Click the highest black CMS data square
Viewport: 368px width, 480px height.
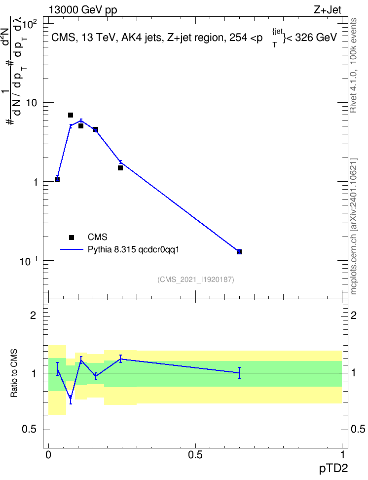71,115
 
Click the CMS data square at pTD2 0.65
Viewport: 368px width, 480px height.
239,252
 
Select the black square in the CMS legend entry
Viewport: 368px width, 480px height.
72,237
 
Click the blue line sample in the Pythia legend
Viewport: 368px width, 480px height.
72,249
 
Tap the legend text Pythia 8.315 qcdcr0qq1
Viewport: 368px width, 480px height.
133,250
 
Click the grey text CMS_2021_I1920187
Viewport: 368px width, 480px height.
196,280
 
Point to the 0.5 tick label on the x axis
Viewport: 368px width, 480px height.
195,455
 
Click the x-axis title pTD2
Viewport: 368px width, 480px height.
333,469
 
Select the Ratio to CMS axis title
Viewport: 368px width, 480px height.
14,373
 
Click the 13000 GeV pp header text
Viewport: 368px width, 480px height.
83,10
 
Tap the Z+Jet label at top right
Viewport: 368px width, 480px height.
328,10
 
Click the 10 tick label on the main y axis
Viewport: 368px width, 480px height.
32,103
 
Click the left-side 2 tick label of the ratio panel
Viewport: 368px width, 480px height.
33,315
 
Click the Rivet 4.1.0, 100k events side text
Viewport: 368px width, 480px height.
354,65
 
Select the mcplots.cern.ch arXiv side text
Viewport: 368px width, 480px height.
354,227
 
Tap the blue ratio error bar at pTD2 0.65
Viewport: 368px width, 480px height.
239,373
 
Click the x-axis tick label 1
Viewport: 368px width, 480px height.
343,455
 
